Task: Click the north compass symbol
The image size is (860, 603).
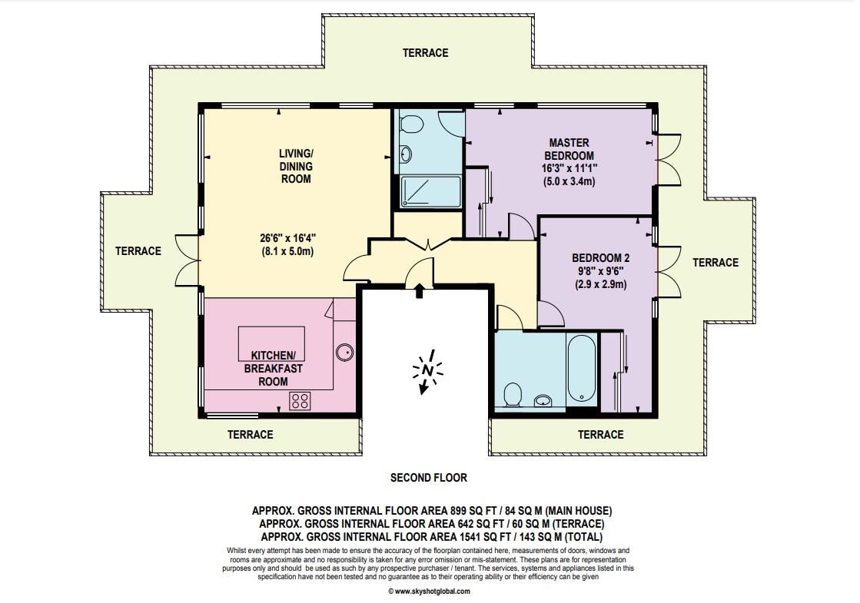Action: pos(427,372)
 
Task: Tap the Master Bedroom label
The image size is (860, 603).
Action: pos(569,149)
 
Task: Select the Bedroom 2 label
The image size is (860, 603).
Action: pos(600,257)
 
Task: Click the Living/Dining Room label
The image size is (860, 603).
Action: pos(296,166)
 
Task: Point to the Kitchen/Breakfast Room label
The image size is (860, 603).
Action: pos(273,369)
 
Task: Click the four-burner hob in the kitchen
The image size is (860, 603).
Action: pos(300,401)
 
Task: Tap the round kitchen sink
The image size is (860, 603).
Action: pos(345,353)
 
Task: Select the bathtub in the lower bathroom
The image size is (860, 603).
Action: pos(581,369)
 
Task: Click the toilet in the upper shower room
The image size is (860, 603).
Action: pos(410,124)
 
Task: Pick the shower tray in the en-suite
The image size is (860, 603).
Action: pos(430,191)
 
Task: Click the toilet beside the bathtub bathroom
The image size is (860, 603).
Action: pos(513,394)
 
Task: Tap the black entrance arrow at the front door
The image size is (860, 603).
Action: pos(420,290)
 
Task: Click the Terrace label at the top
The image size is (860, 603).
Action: pos(426,53)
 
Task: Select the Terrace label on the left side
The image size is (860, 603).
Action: pos(138,251)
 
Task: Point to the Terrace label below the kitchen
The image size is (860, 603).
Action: pos(250,435)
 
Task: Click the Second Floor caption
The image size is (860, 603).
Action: pos(429,478)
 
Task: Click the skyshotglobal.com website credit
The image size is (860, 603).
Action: pos(429,591)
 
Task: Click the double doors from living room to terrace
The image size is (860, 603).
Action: pos(188,260)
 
